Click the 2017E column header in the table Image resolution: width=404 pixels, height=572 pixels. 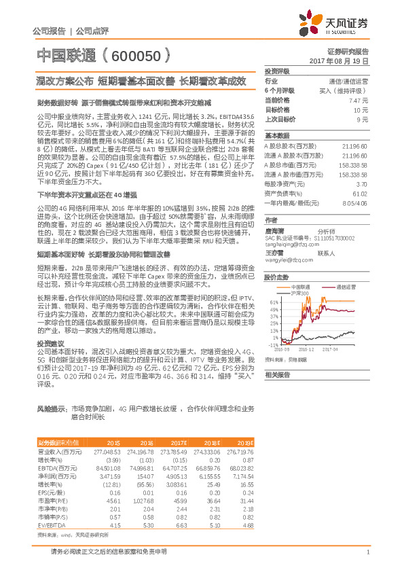pos(181,442)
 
